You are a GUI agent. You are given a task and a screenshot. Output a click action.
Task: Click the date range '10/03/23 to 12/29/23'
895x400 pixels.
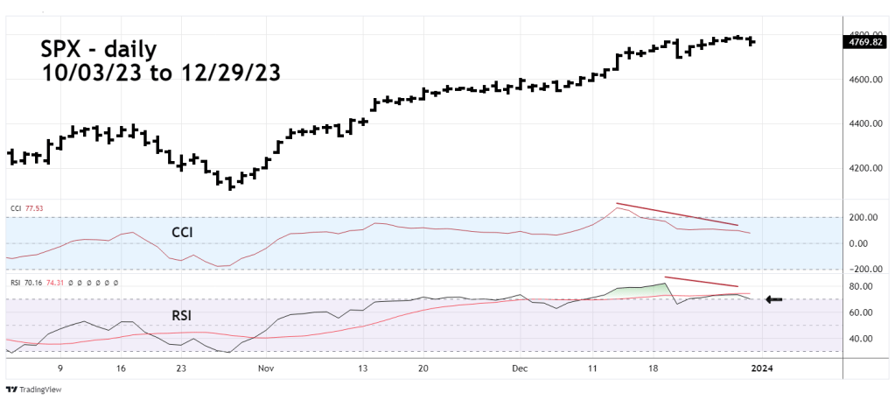[x=161, y=74]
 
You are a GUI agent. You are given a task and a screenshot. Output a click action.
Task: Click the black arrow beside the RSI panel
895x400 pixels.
[x=773, y=299]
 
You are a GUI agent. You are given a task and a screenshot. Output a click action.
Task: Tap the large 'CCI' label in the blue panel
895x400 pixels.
[x=183, y=233]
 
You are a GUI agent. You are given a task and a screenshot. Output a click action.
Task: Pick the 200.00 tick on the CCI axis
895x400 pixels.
[x=864, y=217]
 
